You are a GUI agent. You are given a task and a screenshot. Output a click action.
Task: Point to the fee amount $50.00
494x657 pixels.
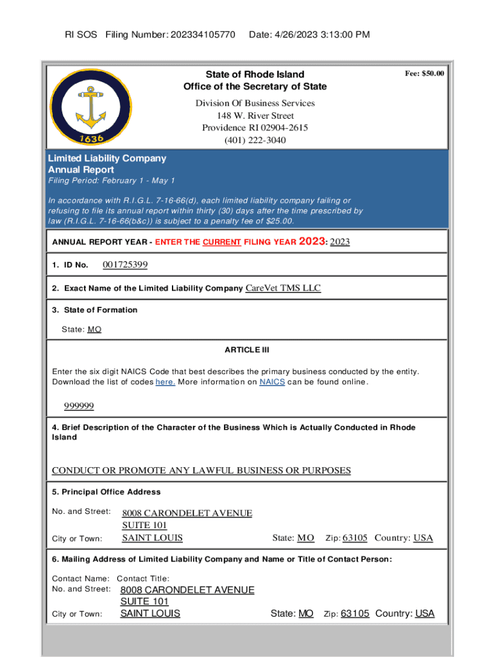tap(424, 74)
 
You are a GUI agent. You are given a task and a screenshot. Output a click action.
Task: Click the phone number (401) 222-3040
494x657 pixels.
tap(255, 140)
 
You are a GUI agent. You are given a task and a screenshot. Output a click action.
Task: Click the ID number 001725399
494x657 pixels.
tap(125, 265)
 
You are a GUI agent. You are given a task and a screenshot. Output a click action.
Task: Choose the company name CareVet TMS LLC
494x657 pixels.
tap(283, 288)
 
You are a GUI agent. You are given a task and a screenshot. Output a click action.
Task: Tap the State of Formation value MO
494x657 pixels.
tap(94, 329)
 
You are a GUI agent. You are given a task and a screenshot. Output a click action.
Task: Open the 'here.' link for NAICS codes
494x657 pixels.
tap(166, 382)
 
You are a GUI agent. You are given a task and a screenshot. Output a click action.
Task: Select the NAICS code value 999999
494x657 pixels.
tap(79, 406)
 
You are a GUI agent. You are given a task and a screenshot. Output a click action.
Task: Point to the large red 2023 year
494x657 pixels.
tap(312, 242)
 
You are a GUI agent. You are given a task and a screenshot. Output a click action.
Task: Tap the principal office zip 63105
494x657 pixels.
tap(355, 538)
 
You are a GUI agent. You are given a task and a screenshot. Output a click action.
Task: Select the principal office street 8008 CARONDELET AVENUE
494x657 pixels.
tap(187, 513)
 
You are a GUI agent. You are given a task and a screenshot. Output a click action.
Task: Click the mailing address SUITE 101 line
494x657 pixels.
tap(144, 602)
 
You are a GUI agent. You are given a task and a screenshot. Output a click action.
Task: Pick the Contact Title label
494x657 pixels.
tap(144, 578)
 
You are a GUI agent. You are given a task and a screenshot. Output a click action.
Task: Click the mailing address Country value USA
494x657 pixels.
tap(424, 613)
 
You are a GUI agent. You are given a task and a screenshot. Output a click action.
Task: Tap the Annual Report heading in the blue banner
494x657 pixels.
tap(81, 170)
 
